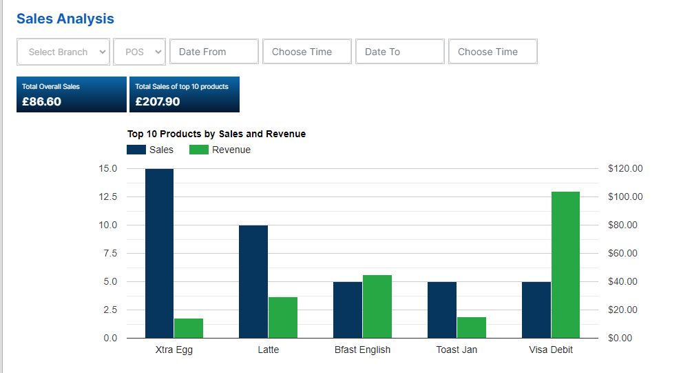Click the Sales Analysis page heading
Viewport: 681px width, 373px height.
(65, 19)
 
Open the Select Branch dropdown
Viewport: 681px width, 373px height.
(63, 52)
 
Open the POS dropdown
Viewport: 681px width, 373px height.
(139, 52)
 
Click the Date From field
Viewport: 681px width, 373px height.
(214, 52)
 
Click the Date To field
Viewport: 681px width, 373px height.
(400, 52)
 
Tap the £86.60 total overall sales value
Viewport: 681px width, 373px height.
(42, 102)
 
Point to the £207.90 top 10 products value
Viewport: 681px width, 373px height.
(157, 102)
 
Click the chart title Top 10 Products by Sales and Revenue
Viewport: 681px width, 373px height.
(216, 134)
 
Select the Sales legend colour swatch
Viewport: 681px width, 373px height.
(136, 150)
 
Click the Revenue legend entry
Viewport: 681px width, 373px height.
(220, 150)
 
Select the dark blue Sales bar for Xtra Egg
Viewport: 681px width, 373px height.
(159, 254)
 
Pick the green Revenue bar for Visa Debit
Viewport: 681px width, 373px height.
(565, 265)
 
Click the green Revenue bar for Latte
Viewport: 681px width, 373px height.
(283, 317)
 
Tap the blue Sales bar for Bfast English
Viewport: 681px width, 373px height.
(348, 310)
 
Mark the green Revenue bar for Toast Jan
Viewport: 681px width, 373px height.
(471, 327)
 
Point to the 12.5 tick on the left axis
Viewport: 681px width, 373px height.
(108, 196)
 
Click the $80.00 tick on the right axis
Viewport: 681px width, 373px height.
(622, 225)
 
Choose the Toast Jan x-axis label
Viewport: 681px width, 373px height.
(457, 350)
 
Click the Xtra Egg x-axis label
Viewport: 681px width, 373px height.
(174, 350)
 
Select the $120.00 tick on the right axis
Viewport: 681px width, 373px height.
(625, 168)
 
